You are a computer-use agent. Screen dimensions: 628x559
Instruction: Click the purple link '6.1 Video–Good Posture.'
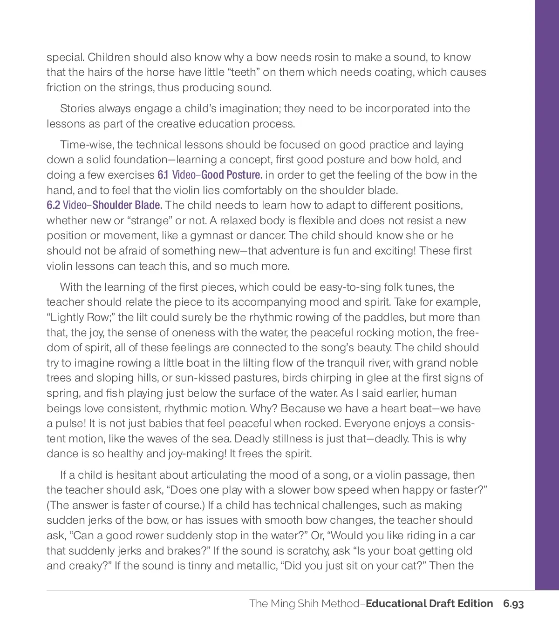point(210,175)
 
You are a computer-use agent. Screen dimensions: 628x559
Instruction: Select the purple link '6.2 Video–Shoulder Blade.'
point(104,205)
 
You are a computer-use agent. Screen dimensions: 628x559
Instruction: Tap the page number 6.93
point(513,604)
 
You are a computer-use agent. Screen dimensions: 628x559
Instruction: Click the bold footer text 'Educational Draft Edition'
point(429,604)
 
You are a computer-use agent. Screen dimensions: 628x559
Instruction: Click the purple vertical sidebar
point(547,279)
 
